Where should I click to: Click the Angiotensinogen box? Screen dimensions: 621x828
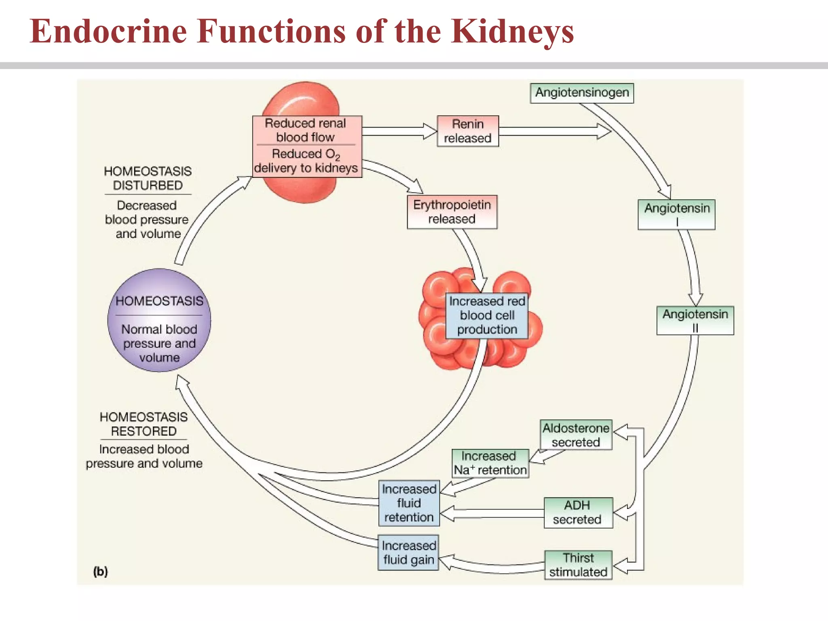click(582, 93)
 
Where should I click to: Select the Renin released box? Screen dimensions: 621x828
click(468, 131)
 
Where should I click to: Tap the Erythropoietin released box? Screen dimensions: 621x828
click(452, 212)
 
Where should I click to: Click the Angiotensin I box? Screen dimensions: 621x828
click(676, 214)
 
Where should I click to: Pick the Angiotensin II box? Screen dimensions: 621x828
click(695, 320)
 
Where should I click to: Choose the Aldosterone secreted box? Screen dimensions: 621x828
click(576, 435)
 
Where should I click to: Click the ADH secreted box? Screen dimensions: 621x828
click(578, 513)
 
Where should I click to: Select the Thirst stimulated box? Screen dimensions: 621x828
click(578, 565)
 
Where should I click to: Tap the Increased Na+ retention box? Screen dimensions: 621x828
click(490, 463)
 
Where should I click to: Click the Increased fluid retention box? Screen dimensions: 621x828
click(409, 503)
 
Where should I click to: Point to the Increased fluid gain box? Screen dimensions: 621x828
click(408, 553)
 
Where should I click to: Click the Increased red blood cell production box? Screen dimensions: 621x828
click(487, 315)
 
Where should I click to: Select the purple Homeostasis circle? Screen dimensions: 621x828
click(159, 320)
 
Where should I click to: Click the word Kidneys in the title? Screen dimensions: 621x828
click(512, 32)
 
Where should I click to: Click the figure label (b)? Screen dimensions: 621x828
click(101, 571)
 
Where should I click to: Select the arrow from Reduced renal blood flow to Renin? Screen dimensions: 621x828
click(398, 131)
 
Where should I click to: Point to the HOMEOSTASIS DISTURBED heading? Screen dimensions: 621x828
click(148, 178)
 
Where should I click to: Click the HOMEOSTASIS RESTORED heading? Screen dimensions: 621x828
click(144, 424)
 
